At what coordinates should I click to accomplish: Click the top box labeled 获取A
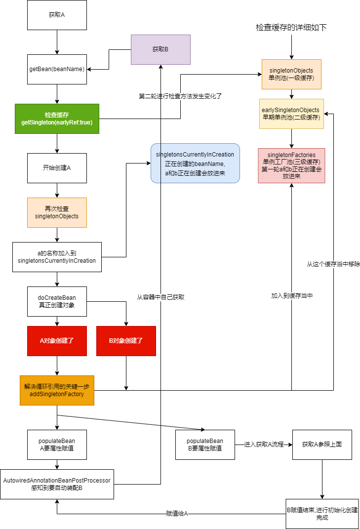[x=57, y=15]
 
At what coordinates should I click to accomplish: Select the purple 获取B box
[x=160, y=49]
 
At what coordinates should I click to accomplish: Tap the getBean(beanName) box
[x=57, y=69]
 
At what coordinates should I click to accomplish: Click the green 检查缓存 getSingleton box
[x=57, y=119]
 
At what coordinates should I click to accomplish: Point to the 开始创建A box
[x=57, y=168]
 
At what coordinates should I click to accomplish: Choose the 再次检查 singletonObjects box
[x=57, y=212]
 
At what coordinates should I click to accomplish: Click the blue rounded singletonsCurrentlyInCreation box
[x=195, y=163]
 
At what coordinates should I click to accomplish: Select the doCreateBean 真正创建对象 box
[x=57, y=301]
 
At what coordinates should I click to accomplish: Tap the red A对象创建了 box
[x=57, y=341]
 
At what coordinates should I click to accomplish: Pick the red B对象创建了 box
[x=126, y=341]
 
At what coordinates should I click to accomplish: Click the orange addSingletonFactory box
[x=57, y=390]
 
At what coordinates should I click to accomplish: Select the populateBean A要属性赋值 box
[x=57, y=445]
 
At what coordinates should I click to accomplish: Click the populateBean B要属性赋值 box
[x=205, y=445]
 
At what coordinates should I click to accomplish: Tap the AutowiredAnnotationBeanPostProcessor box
[x=57, y=484]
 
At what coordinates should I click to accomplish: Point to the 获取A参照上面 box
[x=322, y=445]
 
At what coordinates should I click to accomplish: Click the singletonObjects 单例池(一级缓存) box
[x=291, y=74]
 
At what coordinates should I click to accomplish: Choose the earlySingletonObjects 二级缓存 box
[x=291, y=114]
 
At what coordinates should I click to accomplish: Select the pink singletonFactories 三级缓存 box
[x=291, y=165]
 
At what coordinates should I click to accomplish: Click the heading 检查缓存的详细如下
[x=291, y=28]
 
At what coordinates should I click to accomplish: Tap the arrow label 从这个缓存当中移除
[x=333, y=264]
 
